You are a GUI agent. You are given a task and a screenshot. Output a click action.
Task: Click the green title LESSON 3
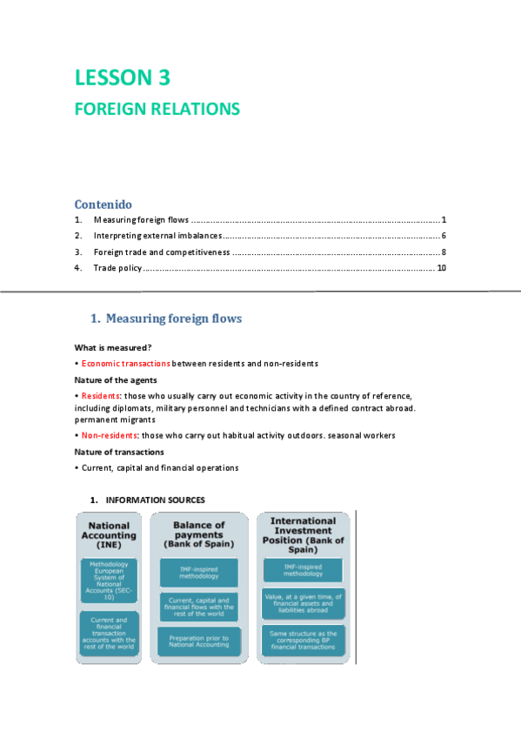[122, 77]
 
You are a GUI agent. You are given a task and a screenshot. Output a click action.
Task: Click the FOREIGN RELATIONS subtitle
[157, 110]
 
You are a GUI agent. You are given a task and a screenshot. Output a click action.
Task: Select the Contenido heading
[104, 204]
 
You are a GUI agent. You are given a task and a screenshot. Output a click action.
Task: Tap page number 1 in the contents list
[443, 220]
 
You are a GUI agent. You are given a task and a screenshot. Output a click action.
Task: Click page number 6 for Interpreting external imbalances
[443, 236]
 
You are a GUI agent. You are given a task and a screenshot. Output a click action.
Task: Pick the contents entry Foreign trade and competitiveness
[162, 252]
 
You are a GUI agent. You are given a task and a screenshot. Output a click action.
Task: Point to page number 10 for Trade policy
[441, 267]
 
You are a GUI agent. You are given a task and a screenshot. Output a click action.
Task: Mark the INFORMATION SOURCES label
[156, 500]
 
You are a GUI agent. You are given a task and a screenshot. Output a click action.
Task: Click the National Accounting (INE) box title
[110, 535]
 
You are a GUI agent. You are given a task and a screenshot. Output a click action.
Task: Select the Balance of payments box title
[199, 533]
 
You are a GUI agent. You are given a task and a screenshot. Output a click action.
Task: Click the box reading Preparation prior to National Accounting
[199, 643]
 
